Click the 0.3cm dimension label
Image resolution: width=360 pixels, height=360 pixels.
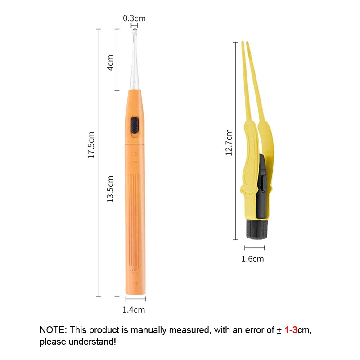134,18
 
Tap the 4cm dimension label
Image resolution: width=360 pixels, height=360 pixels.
110,63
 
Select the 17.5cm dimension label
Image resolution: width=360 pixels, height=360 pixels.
91,145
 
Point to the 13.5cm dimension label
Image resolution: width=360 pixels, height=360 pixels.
110,189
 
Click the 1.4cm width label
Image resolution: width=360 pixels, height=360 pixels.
134,310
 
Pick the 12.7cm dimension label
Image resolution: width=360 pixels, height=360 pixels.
229,142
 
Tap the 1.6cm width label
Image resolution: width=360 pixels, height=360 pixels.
252,259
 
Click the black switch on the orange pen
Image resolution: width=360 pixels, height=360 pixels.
135,125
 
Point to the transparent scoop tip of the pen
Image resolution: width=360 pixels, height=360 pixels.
135,59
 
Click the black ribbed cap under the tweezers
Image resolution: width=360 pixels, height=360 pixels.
257,229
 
